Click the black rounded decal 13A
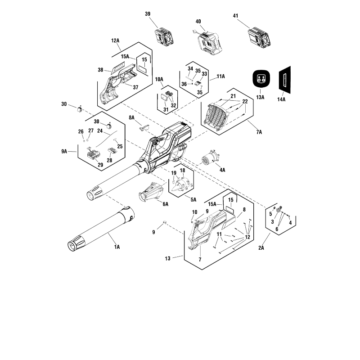point(260,80)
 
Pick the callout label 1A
point(117,247)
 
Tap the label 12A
point(115,40)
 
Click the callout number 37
point(135,87)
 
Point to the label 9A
point(64,152)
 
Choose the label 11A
point(220,77)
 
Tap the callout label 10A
point(159,79)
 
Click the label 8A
point(132,117)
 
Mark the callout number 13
point(168,258)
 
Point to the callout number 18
point(182,171)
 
